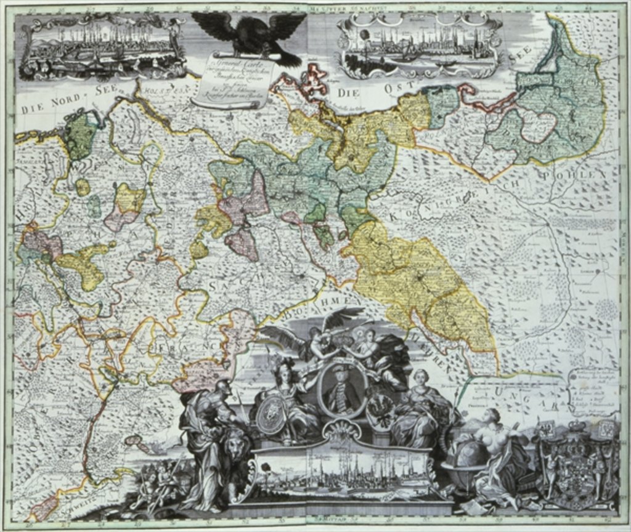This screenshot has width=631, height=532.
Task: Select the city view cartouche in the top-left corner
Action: click(102, 47)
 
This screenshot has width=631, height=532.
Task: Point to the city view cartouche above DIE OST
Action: click(419, 46)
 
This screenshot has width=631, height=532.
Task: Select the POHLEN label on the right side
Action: click(585, 175)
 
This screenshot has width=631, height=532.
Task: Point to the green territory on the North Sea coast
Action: click(81, 135)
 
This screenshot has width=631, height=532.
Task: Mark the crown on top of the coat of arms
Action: click(576, 425)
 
